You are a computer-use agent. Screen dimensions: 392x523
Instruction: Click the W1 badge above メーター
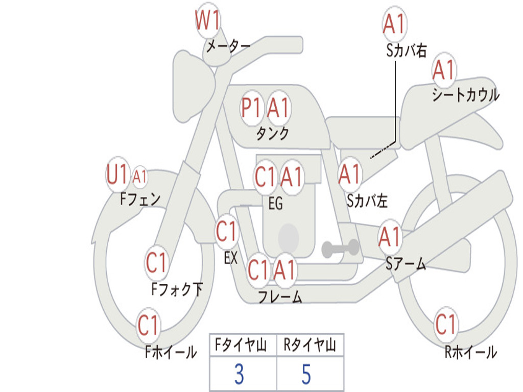tap(208, 22)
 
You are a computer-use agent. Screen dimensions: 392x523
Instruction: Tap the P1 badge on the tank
tap(251, 108)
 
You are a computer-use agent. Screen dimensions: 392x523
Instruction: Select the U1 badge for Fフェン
tap(117, 175)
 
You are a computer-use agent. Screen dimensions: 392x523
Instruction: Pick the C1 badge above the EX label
tap(227, 232)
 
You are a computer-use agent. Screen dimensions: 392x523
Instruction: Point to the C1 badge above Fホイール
tap(149, 325)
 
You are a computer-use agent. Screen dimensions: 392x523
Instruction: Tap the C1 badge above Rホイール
tap(445, 325)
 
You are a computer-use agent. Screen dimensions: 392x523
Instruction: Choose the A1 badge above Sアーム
tap(390, 237)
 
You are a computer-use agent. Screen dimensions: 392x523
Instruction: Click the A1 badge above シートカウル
tap(443, 70)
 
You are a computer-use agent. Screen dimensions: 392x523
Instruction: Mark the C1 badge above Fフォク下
tap(156, 263)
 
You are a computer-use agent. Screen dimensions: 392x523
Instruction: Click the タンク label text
tap(272, 134)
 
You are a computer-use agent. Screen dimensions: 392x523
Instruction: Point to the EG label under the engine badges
tap(275, 204)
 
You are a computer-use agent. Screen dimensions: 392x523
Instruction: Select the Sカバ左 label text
tap(367, 201)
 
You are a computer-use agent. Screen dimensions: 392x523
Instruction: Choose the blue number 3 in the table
tap(239, 374)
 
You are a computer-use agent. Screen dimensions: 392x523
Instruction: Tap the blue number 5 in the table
tap(306, 374)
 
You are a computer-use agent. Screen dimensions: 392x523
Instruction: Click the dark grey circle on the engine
tap(288, 236)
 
